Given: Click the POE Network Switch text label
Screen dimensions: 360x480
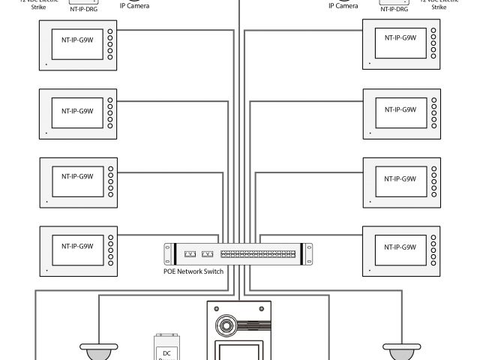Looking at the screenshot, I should coord(193,271).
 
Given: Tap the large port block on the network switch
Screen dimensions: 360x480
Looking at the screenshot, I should coord(257,254).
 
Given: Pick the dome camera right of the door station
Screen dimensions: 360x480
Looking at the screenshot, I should coord(398,351).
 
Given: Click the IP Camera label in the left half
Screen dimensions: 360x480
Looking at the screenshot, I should coord(134,5).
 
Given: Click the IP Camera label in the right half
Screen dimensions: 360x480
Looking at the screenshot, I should coord(343,6).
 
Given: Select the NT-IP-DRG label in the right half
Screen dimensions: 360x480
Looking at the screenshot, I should coord(394,10).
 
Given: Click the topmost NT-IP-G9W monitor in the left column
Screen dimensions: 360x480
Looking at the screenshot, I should coord(78,45).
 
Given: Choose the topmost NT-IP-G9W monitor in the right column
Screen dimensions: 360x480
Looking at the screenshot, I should coord(401,45).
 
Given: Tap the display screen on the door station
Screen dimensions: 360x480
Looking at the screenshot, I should coord(238,351).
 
